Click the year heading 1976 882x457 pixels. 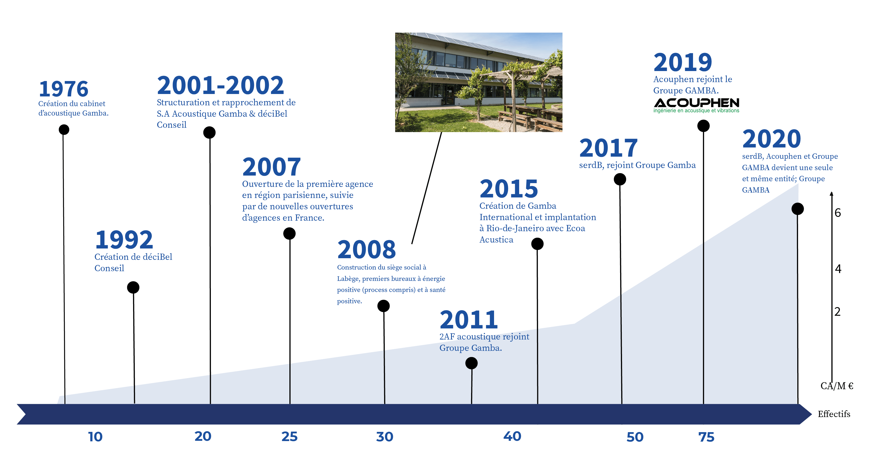64,89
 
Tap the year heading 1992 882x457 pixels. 124,240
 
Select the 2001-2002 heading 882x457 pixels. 221,85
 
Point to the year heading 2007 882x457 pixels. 272,167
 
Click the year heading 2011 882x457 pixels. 469,320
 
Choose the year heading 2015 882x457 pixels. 509,189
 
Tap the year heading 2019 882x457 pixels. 683,62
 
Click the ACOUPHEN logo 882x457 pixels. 697,105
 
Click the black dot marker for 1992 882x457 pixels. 133,287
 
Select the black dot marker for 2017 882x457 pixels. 620,179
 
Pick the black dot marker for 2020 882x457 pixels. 797,209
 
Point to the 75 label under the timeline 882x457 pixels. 706,437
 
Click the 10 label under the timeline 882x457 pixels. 95,437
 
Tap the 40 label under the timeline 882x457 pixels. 512,436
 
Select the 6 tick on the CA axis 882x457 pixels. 837,213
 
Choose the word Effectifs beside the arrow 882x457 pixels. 834,414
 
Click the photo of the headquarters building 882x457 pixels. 479,82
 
